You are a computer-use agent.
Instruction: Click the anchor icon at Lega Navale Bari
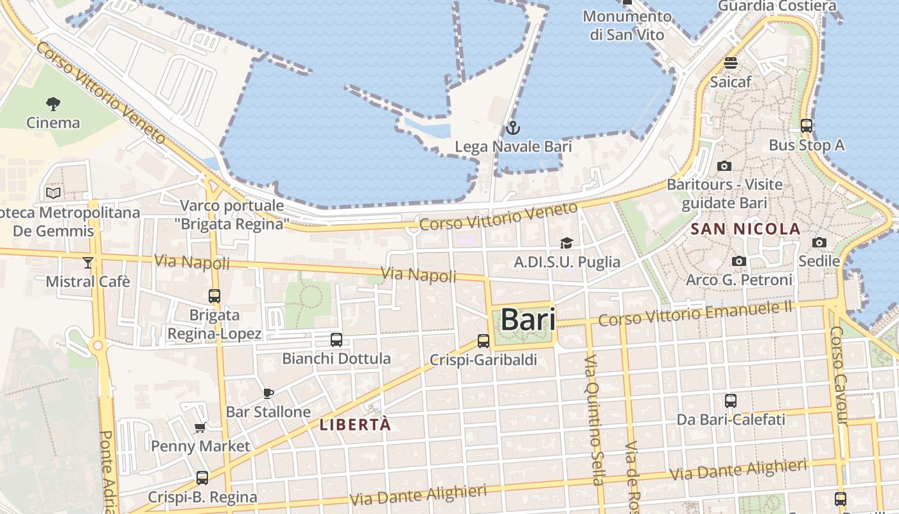(x=512, y=128)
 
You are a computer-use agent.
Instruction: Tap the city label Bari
(x=527, y=319)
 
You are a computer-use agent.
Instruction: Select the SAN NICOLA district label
(x=746, y=229)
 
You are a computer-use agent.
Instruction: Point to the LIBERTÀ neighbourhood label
(x=355, y=425)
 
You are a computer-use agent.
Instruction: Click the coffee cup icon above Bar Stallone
(x=268, y=393)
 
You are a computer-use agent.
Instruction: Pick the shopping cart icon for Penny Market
(x=200, y=428)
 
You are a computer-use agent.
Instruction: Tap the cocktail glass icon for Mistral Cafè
(x=87, y=263)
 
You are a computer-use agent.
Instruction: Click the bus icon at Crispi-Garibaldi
(x=484, y=341)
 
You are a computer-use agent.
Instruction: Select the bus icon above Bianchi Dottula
(x=336, y=340)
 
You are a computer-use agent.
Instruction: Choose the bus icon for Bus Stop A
(x=807, y=126)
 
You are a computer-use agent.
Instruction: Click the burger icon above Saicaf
(x=731, y=63)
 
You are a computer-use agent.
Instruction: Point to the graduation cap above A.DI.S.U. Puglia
(x=566, y=243)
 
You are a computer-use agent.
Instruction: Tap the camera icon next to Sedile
(x=819, y=242)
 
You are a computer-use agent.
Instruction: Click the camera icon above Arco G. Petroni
(x=739, y=261)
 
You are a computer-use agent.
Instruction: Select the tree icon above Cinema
(x=53, y=103)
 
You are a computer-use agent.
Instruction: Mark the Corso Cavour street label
(x=839, y=376)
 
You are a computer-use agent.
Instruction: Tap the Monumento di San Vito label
(x=627, y=25)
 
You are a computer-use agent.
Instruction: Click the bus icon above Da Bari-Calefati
(x=731, y=401)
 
